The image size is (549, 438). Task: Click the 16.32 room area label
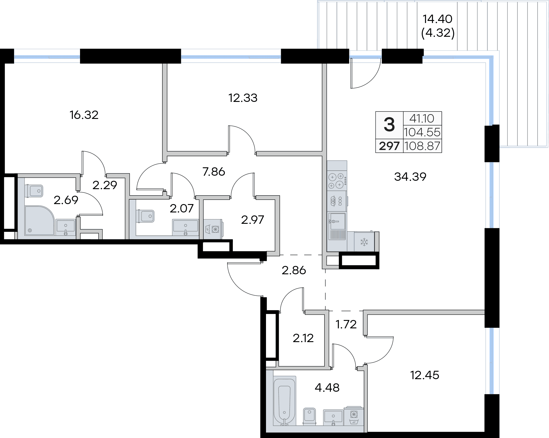[x=84, y=115]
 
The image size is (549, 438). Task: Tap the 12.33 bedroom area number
[x=243, y=98]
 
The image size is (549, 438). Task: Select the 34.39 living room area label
[x=410, y=177]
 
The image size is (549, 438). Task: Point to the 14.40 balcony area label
[x=438, y=19]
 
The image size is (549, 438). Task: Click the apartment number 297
[x=389, y=146]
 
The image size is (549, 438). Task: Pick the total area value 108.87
[x=422, y=146]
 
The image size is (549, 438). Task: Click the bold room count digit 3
[x=389, y=125]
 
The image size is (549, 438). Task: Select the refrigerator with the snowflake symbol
[x=364, y=242]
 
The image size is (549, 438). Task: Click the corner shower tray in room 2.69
[x=40, y=220]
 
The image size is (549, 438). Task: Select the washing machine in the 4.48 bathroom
[x=353, y=416]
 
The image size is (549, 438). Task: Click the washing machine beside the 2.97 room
[x=213, y=229]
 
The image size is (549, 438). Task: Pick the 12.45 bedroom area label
[x=425, y=375]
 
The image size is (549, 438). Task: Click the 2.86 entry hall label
[x=294, y=271]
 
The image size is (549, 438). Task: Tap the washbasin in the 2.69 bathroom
[x=65, y=227]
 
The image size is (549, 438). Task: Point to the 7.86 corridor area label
[x=214, y=172]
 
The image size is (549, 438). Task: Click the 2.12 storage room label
[x=303, y=339]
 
